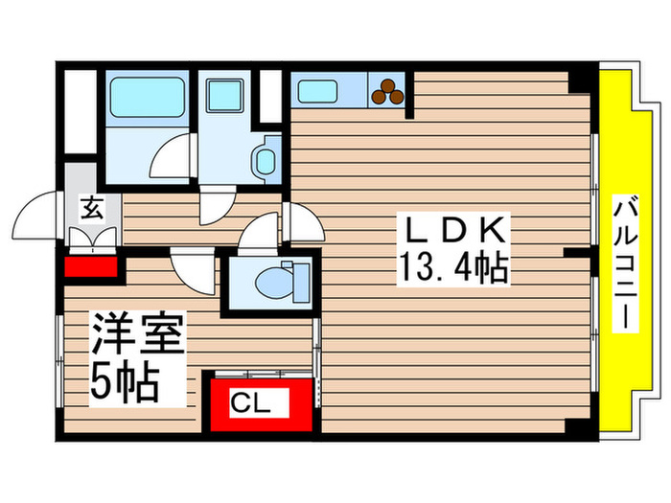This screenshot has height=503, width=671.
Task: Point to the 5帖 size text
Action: pos(124,381)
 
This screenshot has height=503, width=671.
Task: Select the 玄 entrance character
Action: pos(92,208)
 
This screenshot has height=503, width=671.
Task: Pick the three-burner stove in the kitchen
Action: pos(388,91)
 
